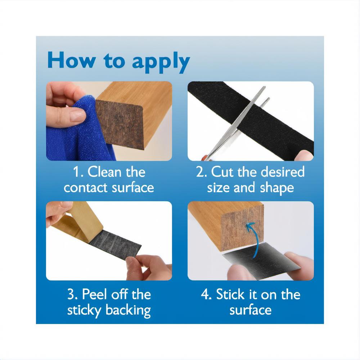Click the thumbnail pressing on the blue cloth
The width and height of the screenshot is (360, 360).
[77, 114]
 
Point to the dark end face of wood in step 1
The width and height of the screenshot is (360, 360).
[120, 123]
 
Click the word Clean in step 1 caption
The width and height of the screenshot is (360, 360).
[105, 172]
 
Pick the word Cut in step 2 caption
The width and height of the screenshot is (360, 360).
[222, 172]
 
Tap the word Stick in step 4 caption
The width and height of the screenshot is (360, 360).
[230, 294]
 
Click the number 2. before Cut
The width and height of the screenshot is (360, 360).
[201, 172]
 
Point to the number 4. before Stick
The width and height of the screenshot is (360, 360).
[206, 294]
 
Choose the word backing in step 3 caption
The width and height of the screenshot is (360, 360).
[128, 311]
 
